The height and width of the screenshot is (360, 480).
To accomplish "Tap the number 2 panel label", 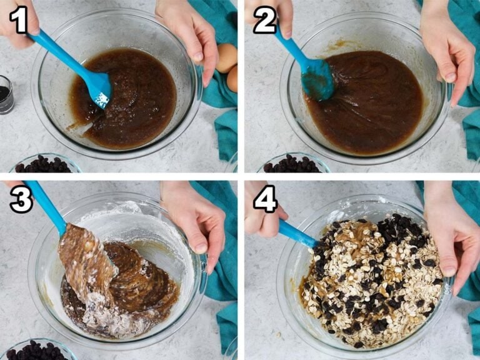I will [x=264, y=21].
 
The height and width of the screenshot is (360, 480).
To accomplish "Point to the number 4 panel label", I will [x=264, y=199].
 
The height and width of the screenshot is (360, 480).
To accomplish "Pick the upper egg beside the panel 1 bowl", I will [x=227, y=57].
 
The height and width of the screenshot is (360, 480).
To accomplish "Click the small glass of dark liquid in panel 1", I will [x=6, y=94].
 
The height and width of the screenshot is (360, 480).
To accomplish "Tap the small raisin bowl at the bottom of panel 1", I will [x=44, y=164].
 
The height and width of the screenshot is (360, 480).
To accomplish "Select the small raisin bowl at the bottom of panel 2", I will [x=292, y=164].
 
